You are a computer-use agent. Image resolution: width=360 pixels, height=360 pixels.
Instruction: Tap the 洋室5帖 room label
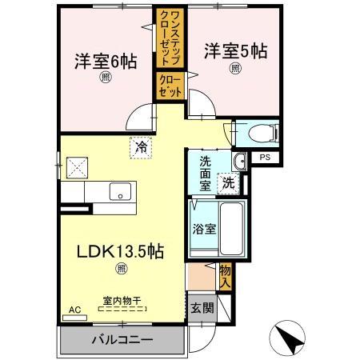point(234,50)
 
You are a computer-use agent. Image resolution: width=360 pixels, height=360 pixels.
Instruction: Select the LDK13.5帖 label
point(120,251)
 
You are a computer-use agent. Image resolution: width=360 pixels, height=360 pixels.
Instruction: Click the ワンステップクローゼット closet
point(170,40)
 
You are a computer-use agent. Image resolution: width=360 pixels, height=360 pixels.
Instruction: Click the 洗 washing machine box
point(229,182)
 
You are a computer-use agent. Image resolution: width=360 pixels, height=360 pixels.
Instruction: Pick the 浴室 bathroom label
point(202,228)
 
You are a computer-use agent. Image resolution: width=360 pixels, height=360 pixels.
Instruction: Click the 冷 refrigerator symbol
point(140,147)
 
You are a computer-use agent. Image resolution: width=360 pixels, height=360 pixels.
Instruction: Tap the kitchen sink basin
point(121,192)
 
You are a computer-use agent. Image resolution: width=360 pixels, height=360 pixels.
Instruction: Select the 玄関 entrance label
point(199,307)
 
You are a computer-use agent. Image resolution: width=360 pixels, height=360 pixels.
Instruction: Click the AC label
point(74,309)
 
